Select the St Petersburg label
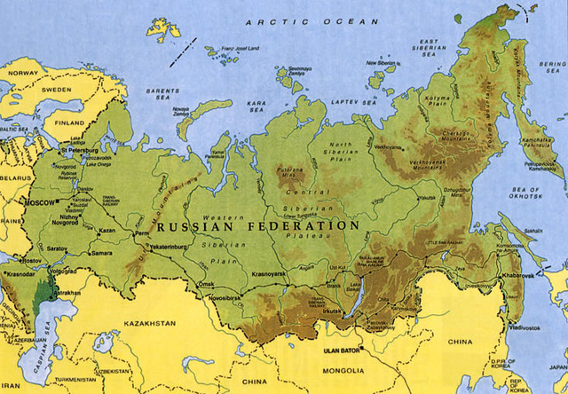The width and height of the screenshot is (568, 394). (x=78, y=151)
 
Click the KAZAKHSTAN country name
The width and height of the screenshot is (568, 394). (x=152, y=324)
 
